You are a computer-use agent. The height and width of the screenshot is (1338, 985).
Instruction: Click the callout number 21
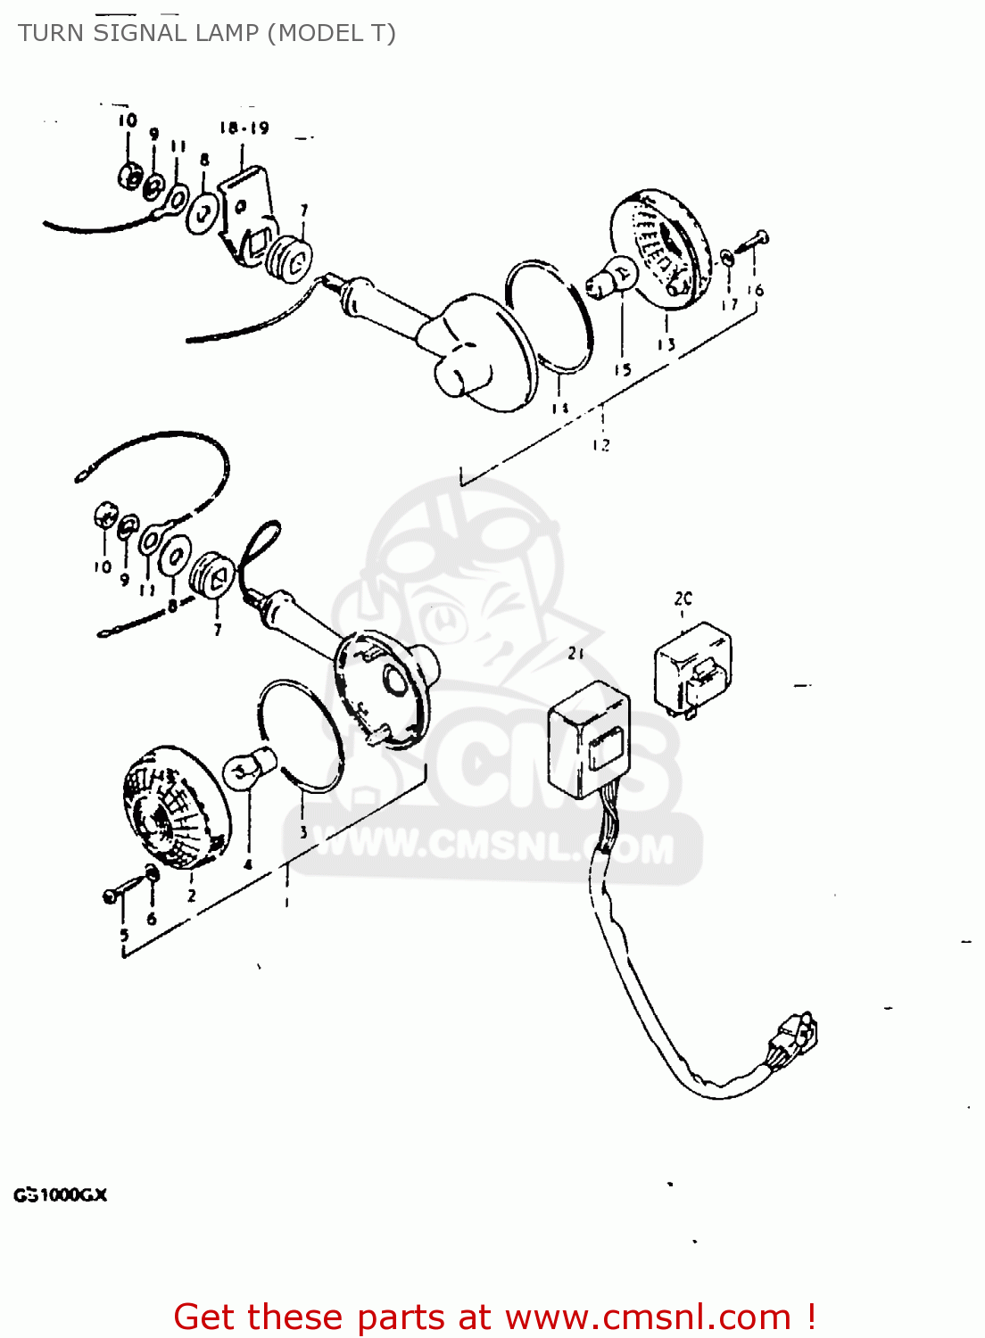[575, 654]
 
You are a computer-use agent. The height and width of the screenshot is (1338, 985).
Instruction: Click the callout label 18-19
[244, 128]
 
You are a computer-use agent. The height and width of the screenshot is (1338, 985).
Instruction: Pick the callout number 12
[601, 444]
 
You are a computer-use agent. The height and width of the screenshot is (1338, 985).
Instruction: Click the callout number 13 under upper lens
[666, 344]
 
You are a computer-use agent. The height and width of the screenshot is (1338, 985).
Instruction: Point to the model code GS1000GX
[60, 1194]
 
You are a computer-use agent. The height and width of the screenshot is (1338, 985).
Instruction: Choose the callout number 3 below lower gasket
[303, 832]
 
